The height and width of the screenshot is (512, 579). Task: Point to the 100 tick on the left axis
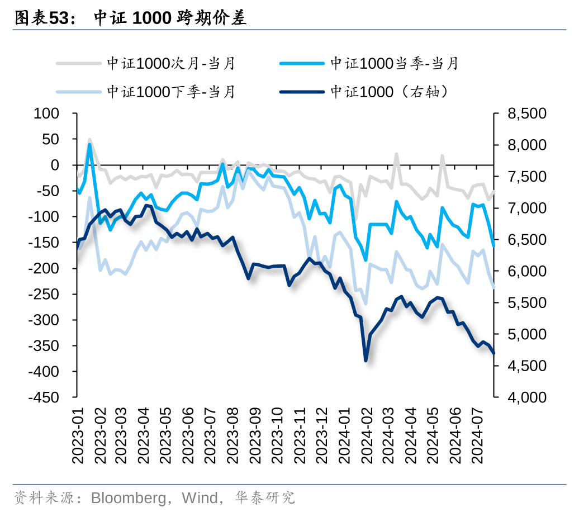[47, 113]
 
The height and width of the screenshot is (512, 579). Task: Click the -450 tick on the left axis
[45, 397]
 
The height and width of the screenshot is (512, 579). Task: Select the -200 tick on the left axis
[45, 268]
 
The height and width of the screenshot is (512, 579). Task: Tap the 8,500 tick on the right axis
[526, 113]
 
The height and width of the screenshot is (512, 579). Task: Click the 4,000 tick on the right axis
[526, 397]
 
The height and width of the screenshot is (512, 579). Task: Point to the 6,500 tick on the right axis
[526, 240]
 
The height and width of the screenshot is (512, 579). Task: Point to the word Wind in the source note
[197, 497]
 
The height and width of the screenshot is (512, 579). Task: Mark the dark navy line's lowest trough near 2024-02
[366, 361]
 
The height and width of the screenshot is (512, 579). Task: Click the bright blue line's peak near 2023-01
[89, 145]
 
